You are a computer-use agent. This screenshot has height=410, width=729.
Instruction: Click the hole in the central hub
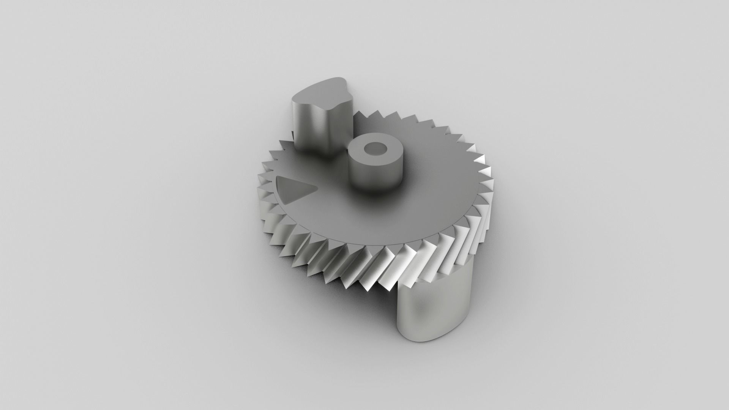click(374, 148)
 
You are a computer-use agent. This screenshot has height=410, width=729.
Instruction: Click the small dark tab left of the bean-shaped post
click(292, 135)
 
